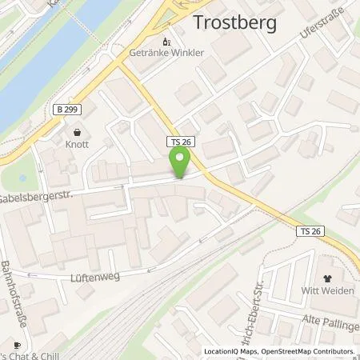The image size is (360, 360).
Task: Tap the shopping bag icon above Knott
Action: (x=77, y=134)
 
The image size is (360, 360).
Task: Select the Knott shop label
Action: (x=77, y=147)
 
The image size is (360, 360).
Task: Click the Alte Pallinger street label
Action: (x=328, y=319)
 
